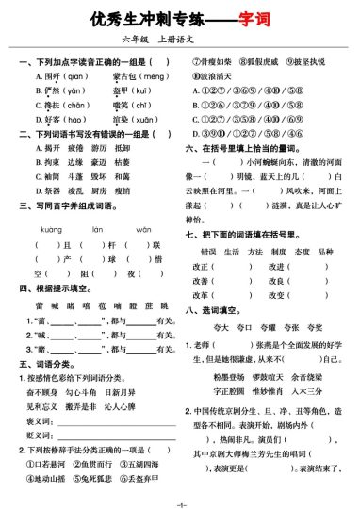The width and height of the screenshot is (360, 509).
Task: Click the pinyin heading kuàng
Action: click(x=51, y=229)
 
